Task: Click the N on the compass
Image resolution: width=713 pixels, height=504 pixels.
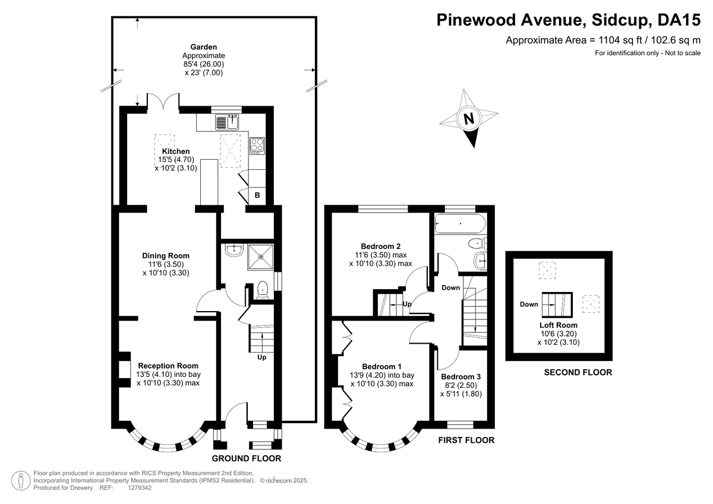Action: coord(469,119)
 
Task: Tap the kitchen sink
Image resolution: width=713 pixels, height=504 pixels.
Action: coord(227,122)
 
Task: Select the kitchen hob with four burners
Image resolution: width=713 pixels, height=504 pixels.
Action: coord(257,146)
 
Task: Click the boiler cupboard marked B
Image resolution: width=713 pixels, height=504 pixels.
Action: coord(257,195)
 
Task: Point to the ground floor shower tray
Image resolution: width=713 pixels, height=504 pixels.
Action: coord(260,256)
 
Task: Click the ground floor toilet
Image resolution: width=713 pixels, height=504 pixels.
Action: coord(263,290)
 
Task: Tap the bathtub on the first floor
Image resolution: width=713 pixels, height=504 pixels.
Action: coord(460,224)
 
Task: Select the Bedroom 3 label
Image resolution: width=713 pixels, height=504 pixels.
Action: coord(460,377)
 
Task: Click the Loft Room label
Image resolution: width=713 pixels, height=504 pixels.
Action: coord(559,325)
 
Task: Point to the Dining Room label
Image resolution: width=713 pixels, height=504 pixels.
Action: coord(166,256)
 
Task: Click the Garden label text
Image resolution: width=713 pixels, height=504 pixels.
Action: coord(204,47)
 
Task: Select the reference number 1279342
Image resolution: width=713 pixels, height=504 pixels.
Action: coord(140,488)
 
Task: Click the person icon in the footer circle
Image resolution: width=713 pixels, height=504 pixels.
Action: coord(21,481)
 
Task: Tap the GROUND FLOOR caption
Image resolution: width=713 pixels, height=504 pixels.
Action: coord(247,458)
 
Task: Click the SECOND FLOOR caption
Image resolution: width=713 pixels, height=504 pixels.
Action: coord(578,372)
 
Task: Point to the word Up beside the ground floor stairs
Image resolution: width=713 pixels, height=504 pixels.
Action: coord(261,357)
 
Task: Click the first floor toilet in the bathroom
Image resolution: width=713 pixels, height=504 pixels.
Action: coord(478,243)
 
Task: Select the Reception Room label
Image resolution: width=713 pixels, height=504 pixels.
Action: coord(168,366)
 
